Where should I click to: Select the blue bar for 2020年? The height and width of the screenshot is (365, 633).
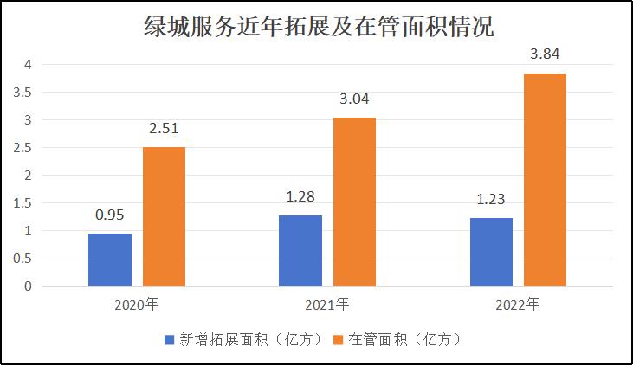110,259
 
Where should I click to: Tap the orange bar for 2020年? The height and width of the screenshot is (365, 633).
164,216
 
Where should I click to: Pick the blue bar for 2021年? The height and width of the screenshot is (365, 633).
300,251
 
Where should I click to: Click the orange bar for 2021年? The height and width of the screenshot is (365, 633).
354,202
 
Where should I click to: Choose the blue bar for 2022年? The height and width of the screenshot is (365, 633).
491,252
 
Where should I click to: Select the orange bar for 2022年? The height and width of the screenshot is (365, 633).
545,180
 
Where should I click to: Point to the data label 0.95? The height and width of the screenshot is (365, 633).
110,215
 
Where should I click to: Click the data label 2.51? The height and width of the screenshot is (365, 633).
164,129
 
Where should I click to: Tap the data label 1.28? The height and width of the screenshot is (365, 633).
300,196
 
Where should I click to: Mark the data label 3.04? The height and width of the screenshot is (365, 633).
354,99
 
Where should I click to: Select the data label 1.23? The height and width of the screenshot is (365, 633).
491,199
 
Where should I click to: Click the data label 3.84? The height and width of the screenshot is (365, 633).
545,54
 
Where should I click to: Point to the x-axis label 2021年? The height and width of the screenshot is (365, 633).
327,304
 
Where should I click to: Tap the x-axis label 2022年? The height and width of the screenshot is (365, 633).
518,304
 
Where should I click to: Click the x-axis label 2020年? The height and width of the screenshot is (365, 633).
137,304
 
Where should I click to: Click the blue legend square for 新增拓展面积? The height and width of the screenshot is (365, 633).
169,340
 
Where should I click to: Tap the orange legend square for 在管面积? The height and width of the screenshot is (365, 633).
339,340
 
